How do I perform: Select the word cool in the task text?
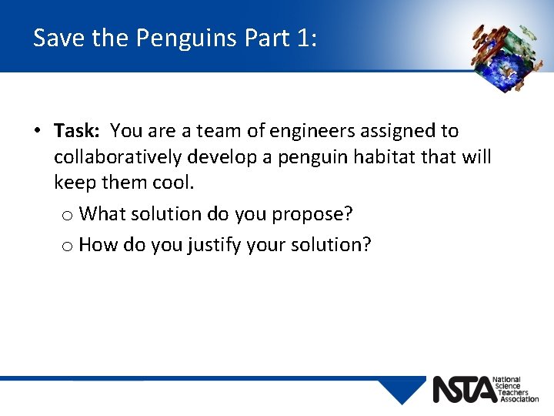click(x=172, y=184)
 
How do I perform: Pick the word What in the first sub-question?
click(x=102, y=213)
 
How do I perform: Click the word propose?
click(x=312, y=213)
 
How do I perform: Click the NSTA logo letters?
click(x=465, y=390)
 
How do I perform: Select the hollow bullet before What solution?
click(x=68, y=214)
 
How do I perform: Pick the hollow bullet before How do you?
click(x=68, y=247)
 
